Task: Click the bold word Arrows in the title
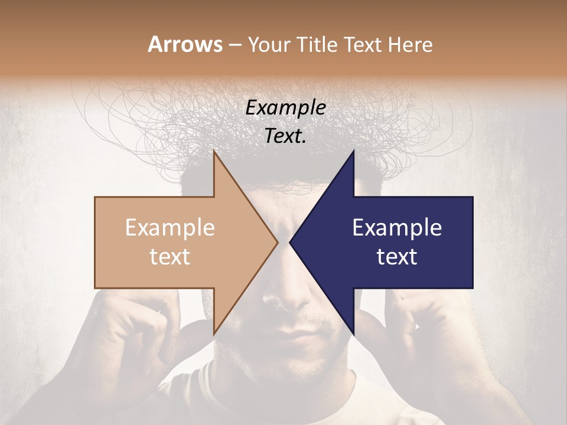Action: (x=185, y=44)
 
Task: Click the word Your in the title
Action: (x=268, y=45)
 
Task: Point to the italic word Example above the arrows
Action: (x=285, y=108)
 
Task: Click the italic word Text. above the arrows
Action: (x=285, y=136)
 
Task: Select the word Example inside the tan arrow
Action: (x=170, y=228)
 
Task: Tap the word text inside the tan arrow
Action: (x=170, y=256)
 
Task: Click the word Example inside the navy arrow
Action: (x=397, y=228)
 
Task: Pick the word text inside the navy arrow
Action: (x=397, y=256)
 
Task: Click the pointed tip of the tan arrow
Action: (x=277, y=242)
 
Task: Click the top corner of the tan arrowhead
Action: (x=215, y=152)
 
